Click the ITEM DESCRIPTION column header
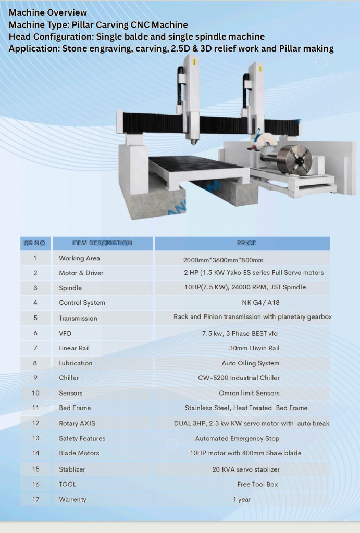coord(102,243)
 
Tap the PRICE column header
coord(246,243)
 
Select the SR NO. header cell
coord(35,243)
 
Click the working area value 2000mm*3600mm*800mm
coord(223,260)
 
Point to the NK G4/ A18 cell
coord(253,302)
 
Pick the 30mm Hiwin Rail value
coord(254,348)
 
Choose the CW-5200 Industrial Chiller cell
coord(239,378)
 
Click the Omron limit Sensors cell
coord(249,393)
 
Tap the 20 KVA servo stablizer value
coord(246,469)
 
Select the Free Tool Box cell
coord(257,484)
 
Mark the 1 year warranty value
coord(242,499)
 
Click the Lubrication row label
coord(76,363)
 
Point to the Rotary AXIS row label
coord(77,423)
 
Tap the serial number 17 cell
coord(35,499)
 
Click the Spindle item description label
coord(70,288)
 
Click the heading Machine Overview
coord(48,12)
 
